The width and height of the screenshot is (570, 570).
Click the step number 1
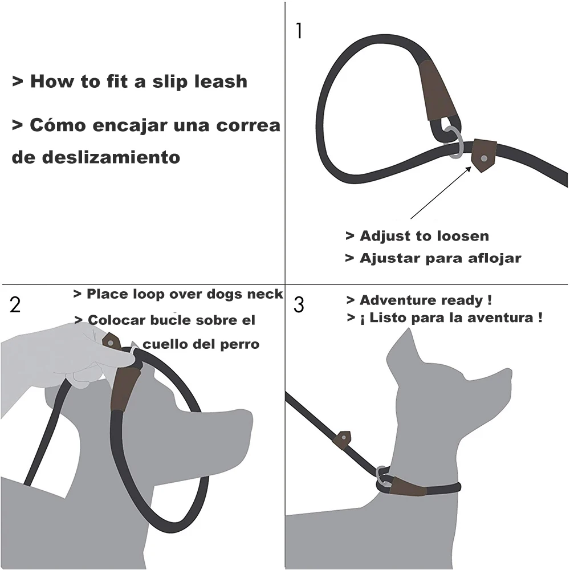299,31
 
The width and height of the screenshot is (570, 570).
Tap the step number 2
15,304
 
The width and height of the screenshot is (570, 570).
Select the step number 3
299,304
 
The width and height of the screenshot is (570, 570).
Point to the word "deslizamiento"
111,157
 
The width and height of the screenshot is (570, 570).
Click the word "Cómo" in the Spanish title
58,125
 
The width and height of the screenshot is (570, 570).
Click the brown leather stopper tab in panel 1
484,156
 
